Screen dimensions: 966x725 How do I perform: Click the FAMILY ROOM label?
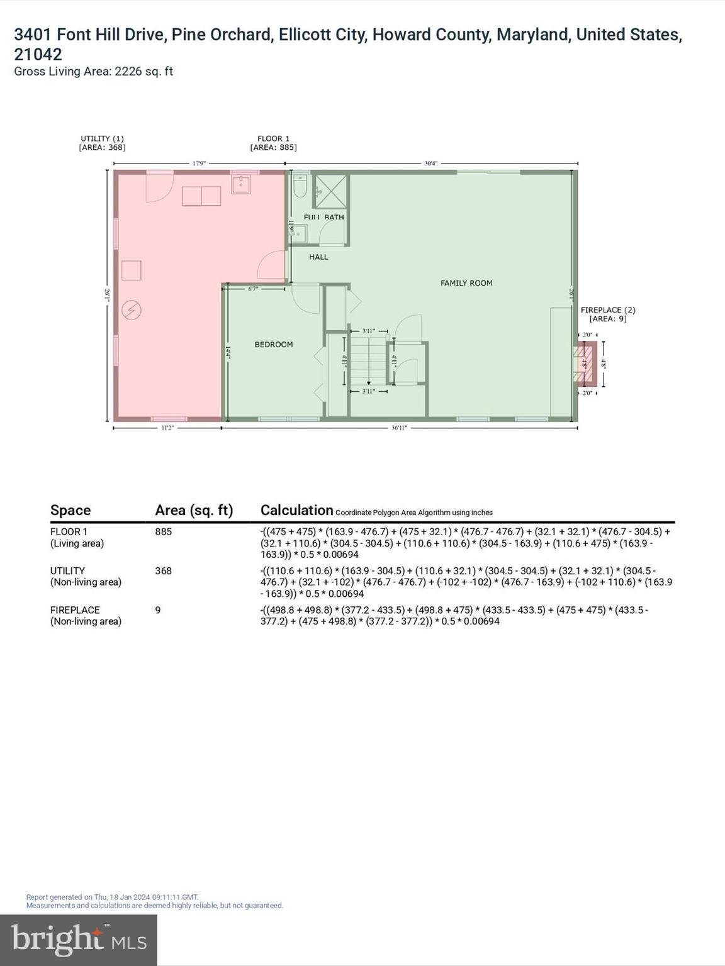pyautogui.click(x=466, y=283)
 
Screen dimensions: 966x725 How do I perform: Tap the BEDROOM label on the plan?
pyautogui.click(x=273, y=345)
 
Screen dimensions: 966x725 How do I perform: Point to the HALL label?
pyautogui.click(x=318, y=257)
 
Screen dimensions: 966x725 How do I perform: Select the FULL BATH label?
pyautogui.click(x=323, y=218)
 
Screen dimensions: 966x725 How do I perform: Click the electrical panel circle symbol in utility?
pyautogui.click(x=132, y=309)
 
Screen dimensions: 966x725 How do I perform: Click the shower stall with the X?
pyautogui.click(x=330, y=191)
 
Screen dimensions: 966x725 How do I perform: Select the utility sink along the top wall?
pyautogui.click(x=242, y=184)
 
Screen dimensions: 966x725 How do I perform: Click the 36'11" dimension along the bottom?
pyautogui.click(x=399, y=428)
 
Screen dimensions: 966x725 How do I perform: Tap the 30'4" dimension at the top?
pyautogui.click(x=430, y=164)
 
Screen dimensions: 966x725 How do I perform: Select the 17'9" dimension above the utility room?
pyautogui.click(x=199, y=164)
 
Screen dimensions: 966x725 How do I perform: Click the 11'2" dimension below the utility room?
pyautogui.click(x=167, y=428)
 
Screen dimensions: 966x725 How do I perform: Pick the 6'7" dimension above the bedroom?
pyautogui.click(x=253, y=289)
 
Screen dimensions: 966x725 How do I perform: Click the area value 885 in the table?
pyautogui.click(x=163, y=531)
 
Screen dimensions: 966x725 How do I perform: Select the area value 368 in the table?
pyautogui.click(x=163, y=571)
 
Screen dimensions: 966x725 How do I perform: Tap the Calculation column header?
pyautogui.click(x=296, y=510)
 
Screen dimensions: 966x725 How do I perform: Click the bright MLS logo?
pyautogui.click(x=79, y=940)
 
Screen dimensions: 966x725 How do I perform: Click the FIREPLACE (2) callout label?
pyautogui.click(x=607, y=310)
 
